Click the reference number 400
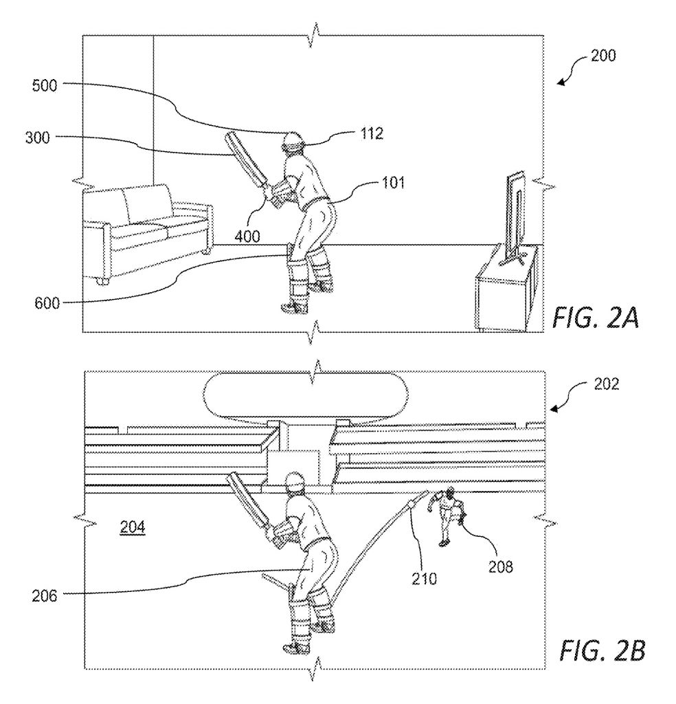coord(246,236)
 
